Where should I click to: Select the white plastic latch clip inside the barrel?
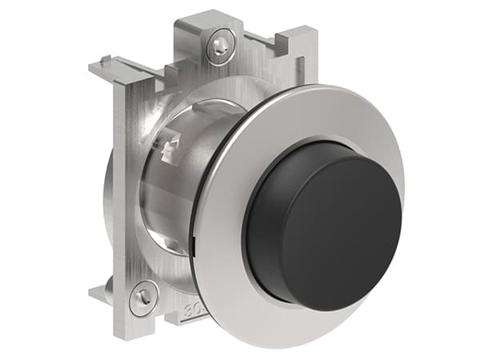coord(171,149)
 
